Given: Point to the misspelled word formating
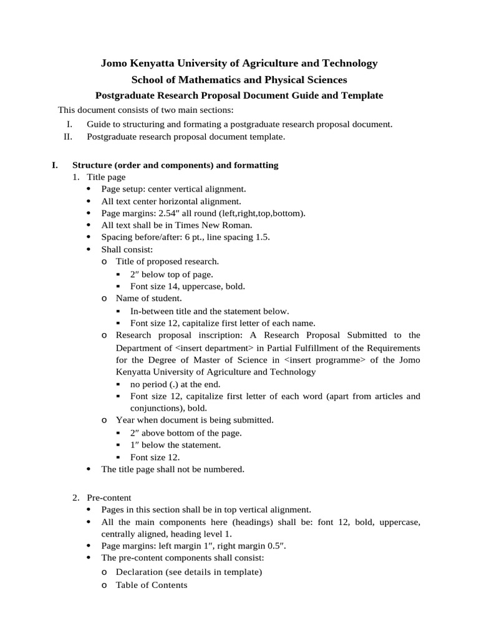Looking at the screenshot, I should click(190, 124).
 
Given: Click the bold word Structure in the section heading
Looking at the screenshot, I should click(92, 165).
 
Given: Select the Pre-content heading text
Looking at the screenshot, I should click(109, 498).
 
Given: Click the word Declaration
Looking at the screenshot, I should click(138, 572).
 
